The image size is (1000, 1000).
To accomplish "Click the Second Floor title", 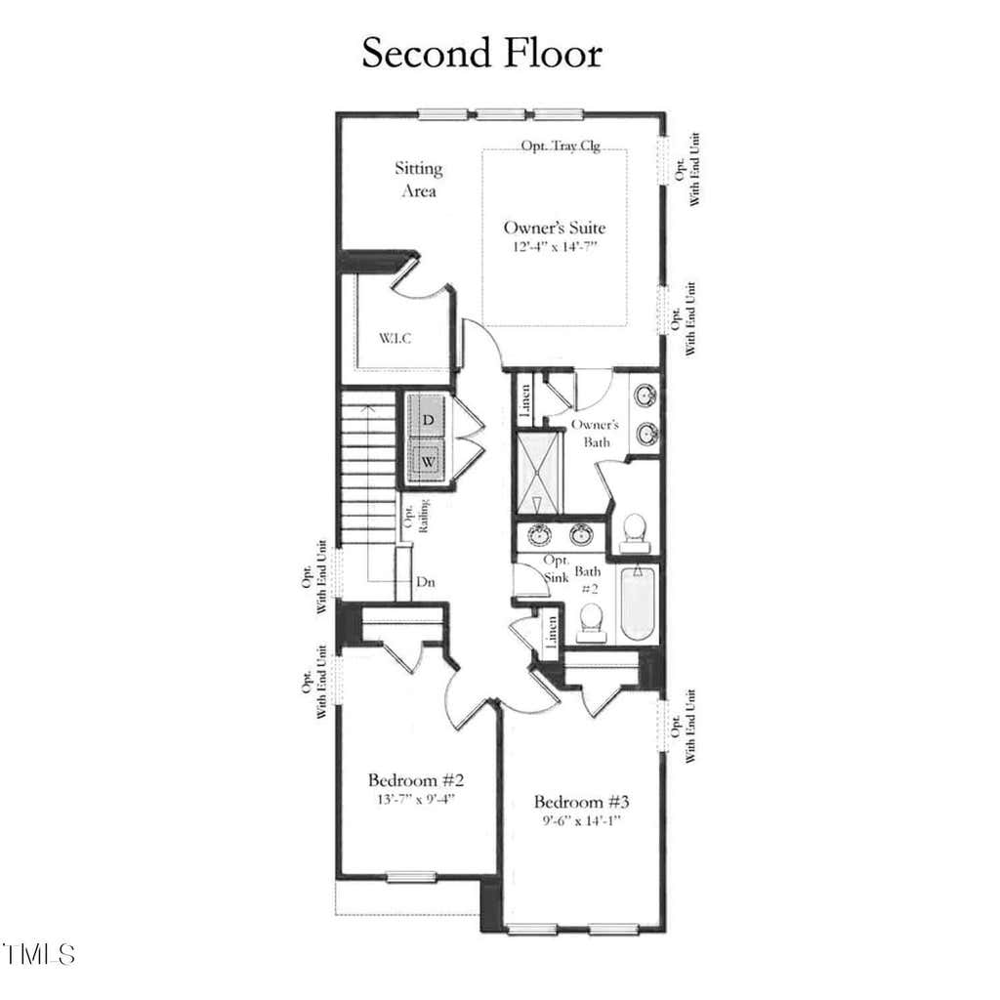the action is click(482, 53).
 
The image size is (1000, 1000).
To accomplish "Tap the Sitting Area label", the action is click(418, 180).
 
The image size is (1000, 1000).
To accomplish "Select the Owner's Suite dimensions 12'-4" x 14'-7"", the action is click(555, 247).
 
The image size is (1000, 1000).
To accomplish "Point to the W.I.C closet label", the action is click(395, 338).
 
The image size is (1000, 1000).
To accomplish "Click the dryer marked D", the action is click(427, 418).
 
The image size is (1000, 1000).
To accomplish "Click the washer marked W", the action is click(427, 460).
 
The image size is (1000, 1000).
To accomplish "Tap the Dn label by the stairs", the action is click(426, 582).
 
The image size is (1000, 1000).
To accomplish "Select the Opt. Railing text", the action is click(416, 516).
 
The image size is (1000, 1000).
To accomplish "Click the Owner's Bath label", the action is click(595, 433).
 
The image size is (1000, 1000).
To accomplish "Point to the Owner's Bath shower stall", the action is click(539, 473).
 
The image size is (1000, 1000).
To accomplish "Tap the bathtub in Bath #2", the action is click(638, 604).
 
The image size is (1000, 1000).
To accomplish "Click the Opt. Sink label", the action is click(556, 569).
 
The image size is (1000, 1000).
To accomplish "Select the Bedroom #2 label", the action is click(415, 780).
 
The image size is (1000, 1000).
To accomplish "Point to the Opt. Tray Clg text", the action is click(561, 146).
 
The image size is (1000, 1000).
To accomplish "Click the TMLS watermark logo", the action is click(38, 954).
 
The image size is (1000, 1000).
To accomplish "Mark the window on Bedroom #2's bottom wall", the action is click(411, 878).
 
